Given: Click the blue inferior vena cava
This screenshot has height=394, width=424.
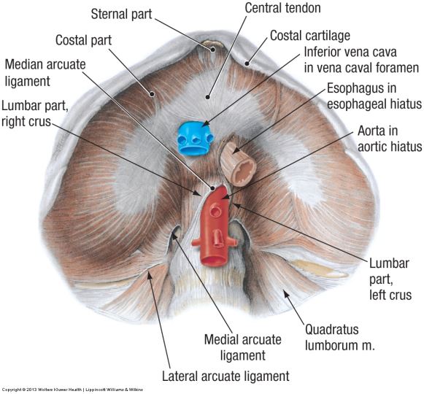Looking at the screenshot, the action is pyautogui.click(x=195, y=138).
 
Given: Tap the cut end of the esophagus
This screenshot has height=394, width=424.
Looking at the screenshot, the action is pyautogui.click(x=244, y=172).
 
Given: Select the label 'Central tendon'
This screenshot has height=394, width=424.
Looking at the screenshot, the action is pyautogui.click(x=282, y=8).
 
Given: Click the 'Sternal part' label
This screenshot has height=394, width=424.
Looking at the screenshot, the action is pyautogui.click(x=121, y=14).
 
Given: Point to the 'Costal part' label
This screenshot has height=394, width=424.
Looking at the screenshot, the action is pyautogui.click(x=83, y=40).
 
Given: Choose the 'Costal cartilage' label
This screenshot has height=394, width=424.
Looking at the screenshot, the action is pyautogui.click(x=310, y=36).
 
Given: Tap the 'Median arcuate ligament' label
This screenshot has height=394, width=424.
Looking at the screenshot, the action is pyautogui.click(x=45, y=73).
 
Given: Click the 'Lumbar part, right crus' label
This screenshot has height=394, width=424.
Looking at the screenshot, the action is pyautogui.click(x=34, y=114).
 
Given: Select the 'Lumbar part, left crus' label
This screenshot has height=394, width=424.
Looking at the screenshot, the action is pyautogui.click(x=390, y=279).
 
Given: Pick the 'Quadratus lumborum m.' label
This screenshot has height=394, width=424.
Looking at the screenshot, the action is pyautogui.click(x=339, y=338).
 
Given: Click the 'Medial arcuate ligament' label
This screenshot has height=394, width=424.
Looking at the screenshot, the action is pyautogui.click(x=242, y=347).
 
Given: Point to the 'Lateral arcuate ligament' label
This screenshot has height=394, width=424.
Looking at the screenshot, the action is pyautogui.click(x=226, y=376).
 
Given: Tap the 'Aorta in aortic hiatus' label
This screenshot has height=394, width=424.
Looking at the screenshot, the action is pyautogui.click(x=390, y=139).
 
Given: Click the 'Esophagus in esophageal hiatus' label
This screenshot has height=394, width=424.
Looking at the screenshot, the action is pyautogui.click(x=374, y=96).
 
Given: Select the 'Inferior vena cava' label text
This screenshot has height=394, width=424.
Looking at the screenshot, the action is pyautogui.click(x=350, y=52).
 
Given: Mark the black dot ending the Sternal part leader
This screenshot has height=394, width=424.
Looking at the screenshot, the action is pyautogui.click(x=213, y=50).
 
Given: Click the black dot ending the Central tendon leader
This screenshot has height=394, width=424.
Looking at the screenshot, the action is pyautogui.click(x=208, y=97).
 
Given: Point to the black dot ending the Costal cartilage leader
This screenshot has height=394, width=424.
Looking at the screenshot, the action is pyautogui.click(x=247, y=63).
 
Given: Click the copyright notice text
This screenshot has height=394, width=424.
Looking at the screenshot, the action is pyautogui.click(x=72, y=390).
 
